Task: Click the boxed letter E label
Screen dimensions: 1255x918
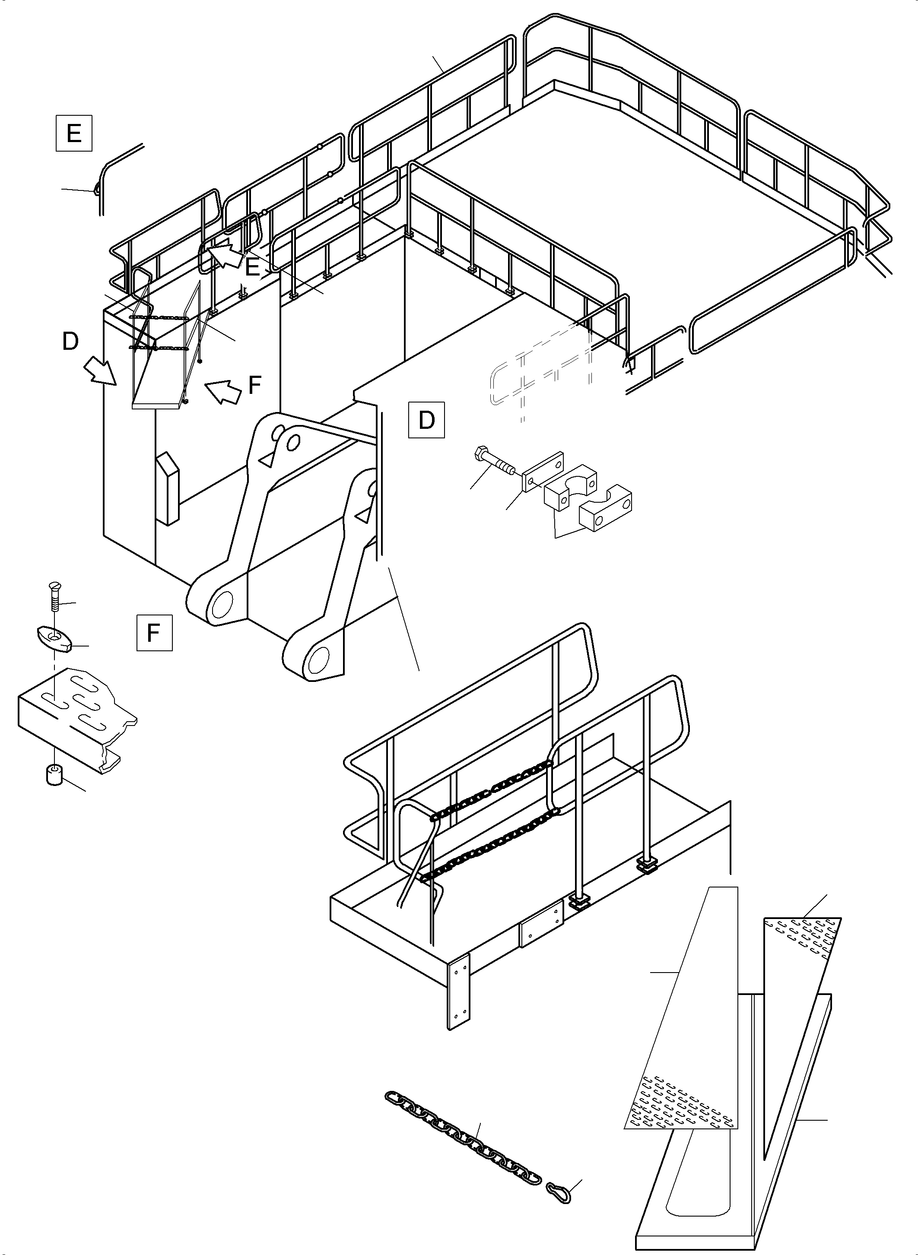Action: [73, 133]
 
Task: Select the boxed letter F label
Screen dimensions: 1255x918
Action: [154, 632]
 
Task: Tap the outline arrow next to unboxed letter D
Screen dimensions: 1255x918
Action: [100, 371]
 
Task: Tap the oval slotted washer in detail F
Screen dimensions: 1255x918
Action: [54, 638]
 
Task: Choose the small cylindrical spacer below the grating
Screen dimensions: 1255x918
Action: [54, 774]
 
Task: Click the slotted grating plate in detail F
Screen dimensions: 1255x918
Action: [78, 716]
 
